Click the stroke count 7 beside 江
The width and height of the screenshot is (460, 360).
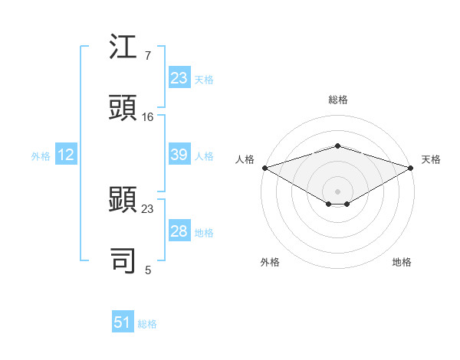(x=148, y=57)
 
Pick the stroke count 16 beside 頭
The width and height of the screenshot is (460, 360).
(x=148, y=117)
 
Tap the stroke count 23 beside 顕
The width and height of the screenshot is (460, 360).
(x=148, y=208)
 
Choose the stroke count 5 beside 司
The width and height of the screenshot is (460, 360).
(x=148, y=270)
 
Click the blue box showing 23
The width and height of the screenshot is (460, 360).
(x=179, y=78)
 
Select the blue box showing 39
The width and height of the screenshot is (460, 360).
(x=179, y=155)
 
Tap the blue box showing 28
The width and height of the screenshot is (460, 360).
(x=179, y=231)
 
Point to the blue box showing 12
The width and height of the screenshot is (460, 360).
(x=66, y=155)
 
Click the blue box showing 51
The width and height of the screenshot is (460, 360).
(x=123, y=322)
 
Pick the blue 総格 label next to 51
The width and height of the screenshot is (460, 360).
(x=147, y=324)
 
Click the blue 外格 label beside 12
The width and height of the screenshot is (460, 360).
(x=41, y=156)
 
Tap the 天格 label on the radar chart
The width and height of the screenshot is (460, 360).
(x=431, y=159)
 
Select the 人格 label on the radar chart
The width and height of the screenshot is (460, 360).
(x=245, y=159)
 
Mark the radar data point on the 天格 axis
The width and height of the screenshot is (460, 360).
(x=412, y=168)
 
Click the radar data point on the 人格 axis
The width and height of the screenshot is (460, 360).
(x=264, y=168)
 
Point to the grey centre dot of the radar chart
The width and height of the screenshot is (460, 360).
(x=338, y=191)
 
